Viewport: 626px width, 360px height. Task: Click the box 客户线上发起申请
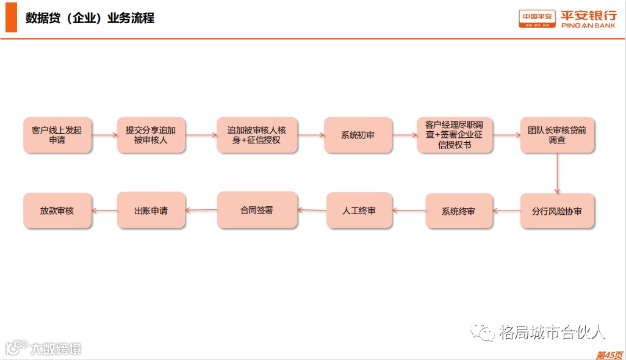point(57,135)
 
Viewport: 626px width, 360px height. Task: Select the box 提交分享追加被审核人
point(151,135)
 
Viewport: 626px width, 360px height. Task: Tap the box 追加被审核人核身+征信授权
point(257,135)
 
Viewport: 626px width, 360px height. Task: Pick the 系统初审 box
point(358,135)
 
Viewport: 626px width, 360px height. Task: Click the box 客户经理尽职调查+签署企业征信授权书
point(454,135)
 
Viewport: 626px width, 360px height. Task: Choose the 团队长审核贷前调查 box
point(557,135)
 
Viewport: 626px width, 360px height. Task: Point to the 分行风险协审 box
point(557,211)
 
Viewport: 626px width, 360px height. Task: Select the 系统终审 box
point(458,211)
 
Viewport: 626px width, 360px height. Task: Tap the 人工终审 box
point(359,211)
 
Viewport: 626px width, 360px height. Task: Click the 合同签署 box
point(257,210)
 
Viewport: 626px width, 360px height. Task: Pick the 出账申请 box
point(151,211)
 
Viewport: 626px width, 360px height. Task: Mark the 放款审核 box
point(57,211)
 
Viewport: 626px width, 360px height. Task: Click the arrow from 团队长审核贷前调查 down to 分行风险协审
point(557,173)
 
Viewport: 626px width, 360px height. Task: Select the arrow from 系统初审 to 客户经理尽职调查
point(405,135)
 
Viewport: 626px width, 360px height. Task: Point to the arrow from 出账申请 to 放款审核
point(104,211)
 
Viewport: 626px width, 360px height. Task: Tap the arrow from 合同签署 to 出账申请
point(201,211)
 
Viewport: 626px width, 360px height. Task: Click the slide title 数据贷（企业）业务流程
point(90,18)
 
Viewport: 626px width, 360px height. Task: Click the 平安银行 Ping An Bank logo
point(567,18)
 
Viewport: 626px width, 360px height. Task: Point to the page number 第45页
point(609,355)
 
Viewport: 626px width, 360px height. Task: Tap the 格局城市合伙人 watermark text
point(552,333)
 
